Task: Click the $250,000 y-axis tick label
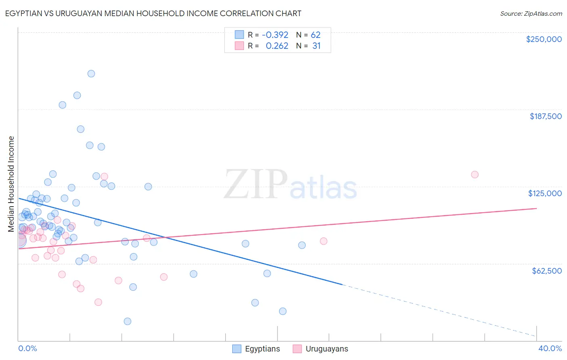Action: tap(544, 39)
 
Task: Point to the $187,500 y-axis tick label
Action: tap(545, 116)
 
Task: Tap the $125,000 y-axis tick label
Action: tap(545, 193)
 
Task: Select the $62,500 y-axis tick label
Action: tap(546, 271)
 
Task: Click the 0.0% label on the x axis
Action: tap(27, 348)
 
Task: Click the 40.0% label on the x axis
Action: tap(550, 348)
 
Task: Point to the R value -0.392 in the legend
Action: tap(275, 35)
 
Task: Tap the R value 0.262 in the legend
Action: tap(277, 46)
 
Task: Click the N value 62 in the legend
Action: tap(315, 35)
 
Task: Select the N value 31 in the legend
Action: tap(317, 46)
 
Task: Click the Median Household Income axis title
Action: tap(11, 184)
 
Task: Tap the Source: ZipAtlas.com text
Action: tap(531, 13)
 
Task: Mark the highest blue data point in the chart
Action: tap(91, 73)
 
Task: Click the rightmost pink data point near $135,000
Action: tap(475, 174)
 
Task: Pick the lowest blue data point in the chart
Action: tap(127, 321)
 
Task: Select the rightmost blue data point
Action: tap(302, 245)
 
